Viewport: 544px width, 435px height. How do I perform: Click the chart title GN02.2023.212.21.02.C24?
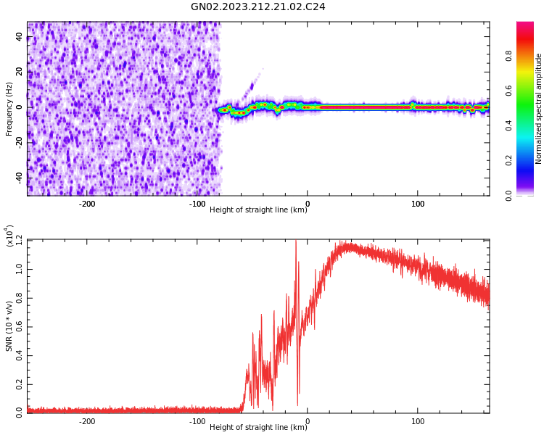pyautogui.click(x=257, y=7)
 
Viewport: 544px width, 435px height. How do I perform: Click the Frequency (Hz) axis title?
pyautogui.click(x=9, y=109)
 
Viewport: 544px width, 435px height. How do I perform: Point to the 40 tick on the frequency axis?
pyautogui.click(x=20, y=36)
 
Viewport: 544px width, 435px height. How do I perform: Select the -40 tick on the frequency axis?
pyautogui.click(x=20, y=178)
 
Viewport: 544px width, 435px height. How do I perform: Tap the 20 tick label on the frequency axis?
pyautogui.click(x=20, y=72)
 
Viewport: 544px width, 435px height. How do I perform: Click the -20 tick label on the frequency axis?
pyautogui.click(x=20, y=142)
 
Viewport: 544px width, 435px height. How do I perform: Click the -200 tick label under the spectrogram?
pyautogui.click(x=87, y=204)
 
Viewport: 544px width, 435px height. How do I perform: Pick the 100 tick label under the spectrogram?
pyautogui.click(x=418, y=204)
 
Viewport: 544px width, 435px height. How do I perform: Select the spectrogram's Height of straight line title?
pyautogui.click(x=258, y=210)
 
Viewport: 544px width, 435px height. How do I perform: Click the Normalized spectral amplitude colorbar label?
pyautogui.click(x=539, y=109)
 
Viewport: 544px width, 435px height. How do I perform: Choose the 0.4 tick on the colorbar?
pyautogui.click(x=529, y=125)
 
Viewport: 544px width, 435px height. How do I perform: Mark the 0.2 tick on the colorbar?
pyautogui.click(x=529, y=160)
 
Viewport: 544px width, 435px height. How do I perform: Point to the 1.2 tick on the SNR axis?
pyautogui.click(x=20, y=240)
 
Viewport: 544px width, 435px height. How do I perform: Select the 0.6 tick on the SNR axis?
pyautogui.click(x=20, y=326)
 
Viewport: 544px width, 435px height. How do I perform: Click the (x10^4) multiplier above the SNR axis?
pyautogui.click(x=9, y=236)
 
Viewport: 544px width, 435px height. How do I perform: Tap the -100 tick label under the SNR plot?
pyautogui.click(x=197, y=421)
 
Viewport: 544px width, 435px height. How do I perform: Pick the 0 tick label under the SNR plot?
pyautogui.click(x=308, y=421)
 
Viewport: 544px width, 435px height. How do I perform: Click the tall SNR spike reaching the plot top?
pyautogui.click(x=296, y=244)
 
